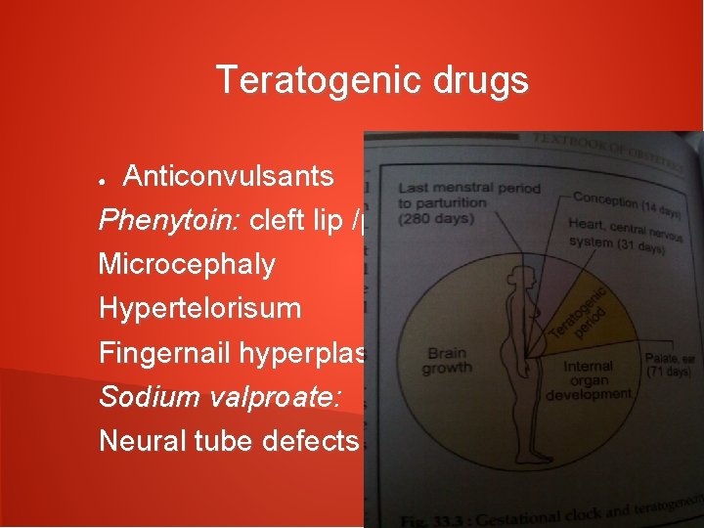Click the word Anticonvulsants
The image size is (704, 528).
pyautogui.click(x=229, y=177)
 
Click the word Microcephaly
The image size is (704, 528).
pyautogui.click(x=187, y=265)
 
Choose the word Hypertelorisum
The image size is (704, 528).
pyautogui.click(x=200, y=309)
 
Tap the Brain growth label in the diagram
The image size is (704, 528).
pyautogui.click(x=446, y=361)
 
